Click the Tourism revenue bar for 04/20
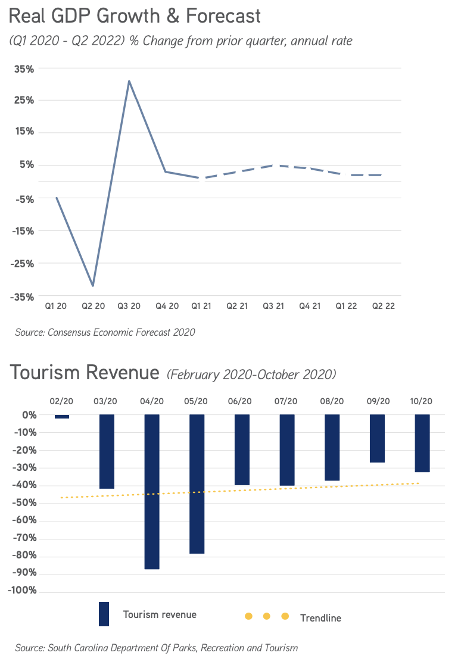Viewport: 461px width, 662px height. [152, 492]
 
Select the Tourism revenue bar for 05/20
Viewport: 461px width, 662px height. [197, 484]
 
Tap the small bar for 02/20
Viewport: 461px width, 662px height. [62, 417]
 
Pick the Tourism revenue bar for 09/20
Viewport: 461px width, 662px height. [377, 439]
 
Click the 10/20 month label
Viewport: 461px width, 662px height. [422, 401]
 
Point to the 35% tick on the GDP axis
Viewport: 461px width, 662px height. [24, 68]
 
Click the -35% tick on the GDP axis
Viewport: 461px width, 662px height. [22, 296]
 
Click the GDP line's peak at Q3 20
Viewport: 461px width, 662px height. [129, 81]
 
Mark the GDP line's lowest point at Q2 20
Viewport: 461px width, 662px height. [92, 286]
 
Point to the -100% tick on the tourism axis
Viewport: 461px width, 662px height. [23, 591]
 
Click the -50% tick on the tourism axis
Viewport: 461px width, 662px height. [24, 503]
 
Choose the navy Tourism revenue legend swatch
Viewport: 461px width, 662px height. [104, 614]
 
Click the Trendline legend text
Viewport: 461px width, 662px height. [320, 618]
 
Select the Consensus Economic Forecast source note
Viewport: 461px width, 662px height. [105, 332]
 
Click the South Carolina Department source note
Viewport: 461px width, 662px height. [157, 648]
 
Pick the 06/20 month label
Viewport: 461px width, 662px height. [242, 401]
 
